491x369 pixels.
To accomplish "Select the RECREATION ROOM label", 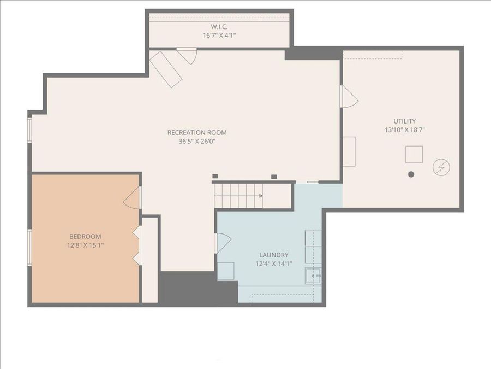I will (x=197, y=132).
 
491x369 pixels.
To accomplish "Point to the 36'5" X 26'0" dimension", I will (x=197, y=141).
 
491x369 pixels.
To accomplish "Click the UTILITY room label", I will (x=405, y=121).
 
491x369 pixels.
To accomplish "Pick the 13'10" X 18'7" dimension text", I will (x=405, y=130).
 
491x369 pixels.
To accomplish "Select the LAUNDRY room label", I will (x=273, y=255).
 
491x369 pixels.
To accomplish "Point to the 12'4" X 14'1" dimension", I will (x=273, y=263).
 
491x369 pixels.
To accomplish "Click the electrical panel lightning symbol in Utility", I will (x=441, y=167).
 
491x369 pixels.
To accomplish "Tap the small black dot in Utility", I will (x=411, y=174).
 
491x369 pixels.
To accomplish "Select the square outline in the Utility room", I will (x=414, y=155).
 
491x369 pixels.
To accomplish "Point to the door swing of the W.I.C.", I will (x=187, y=55).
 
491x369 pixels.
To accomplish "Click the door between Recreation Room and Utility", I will (x=348, y=97).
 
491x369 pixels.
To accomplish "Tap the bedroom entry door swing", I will (x=133, y=198).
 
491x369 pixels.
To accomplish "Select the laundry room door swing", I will (x=223, y=242).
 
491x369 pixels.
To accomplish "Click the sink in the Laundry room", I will (x=313, y=276).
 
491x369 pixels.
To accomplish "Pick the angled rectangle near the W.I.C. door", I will (x=166, y=69).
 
